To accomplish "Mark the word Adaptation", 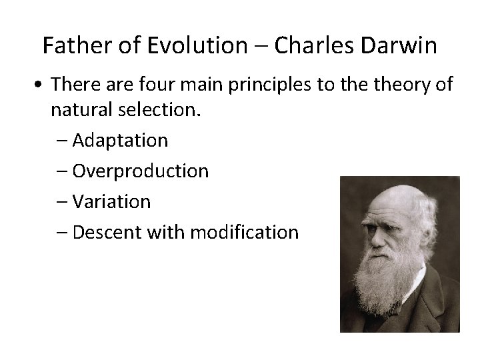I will click(x=120, y=141).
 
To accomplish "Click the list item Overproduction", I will click(x=141, y=171).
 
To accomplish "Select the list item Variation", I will click(x=111, y=201).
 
